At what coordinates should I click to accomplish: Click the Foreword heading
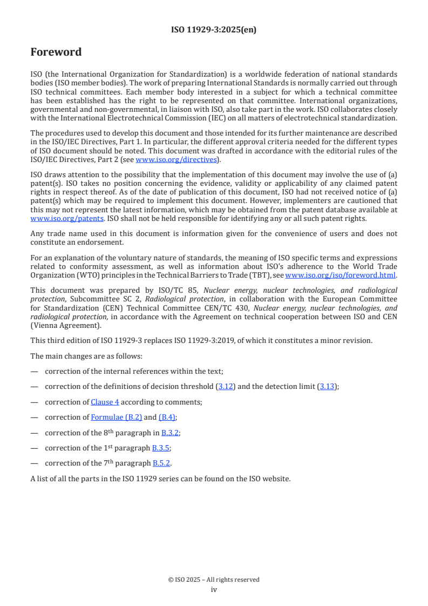56,52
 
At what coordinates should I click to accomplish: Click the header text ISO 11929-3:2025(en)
214,30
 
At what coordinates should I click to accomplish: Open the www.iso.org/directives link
176,159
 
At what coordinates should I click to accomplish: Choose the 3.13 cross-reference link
327,387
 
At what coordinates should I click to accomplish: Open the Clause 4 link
105,402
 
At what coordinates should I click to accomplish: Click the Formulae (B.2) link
116,417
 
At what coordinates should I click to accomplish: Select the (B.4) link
167,417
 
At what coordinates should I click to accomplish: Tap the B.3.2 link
170,433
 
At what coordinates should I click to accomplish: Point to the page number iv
214,590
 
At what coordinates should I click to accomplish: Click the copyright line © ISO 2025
214,580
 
